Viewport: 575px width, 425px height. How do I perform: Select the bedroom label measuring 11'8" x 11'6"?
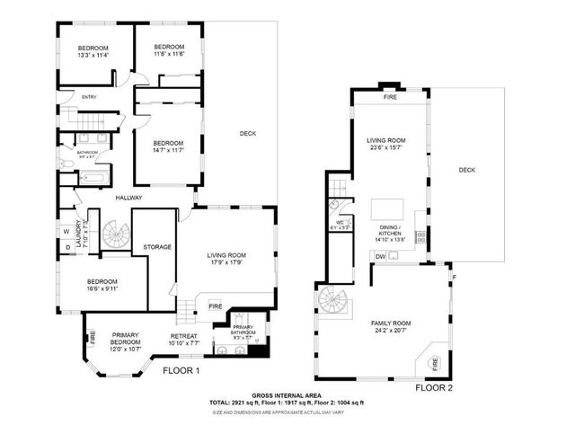(x=168, y=50)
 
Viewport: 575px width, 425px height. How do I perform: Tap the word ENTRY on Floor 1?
(x=89, y=97)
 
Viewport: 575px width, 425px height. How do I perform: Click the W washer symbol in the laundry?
(x=67, y=230)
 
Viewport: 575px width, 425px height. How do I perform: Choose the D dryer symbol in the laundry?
(x=67, y=246)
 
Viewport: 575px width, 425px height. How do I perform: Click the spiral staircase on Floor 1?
(x=113, y=235)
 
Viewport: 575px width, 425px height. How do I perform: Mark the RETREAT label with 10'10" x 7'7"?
(x=183, y=340)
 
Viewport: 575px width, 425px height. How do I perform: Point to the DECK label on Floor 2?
(x=465, y=170)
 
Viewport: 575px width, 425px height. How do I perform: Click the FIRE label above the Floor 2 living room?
(x=390, y=97)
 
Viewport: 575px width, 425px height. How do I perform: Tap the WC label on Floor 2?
(x=341, y=225)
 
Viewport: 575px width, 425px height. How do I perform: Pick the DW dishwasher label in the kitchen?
(x=381, y=255)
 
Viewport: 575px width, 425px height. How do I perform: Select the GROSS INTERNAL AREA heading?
(x=287, y=394)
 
